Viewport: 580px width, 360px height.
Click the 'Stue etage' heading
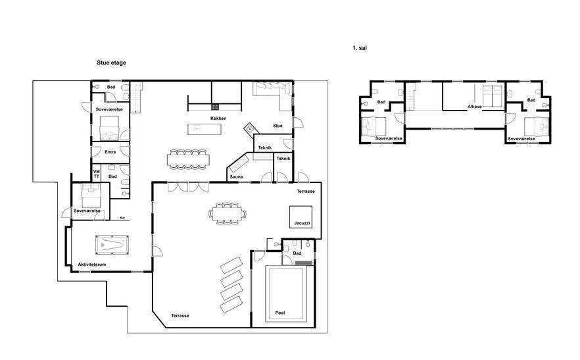pyautogui.click(x=111, y=63)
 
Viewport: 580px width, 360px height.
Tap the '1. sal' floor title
pyautogui.click(x=360, y=48)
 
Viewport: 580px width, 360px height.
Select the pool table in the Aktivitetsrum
pyautogui.click(x=112, y=245)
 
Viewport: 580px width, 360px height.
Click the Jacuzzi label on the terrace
pyautogui.click(x=302, y=223)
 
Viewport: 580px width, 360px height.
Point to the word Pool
pyautogui.click(x=280, y=313)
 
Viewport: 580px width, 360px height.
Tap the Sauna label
pyautogui.click(x=236, y=176)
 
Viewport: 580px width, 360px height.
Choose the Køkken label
pyautogui.click(x=218, y=118)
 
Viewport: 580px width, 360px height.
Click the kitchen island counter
pyautogui.click(x=205, y=129)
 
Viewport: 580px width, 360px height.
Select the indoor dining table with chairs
pyautogui.click(x=188, y=159)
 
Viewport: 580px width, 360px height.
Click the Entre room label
pyautogui.click(x=110, y=152)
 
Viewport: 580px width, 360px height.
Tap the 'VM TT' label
pyautogui.click(x=97, y=174)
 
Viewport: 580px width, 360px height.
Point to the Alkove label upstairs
pyautogui.click(x=475, y=107)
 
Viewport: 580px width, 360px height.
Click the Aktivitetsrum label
pyautogui.click(x=92, y=265)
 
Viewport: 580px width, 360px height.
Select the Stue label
pyautogui.click(x=278, y=126)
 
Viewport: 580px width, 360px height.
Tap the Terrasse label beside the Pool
pyautogui.click(x=180, y=315)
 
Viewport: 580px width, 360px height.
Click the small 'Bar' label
pyautogui.click(x=123, y=218)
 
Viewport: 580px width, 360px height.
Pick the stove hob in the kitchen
pyautogui.click(x=215, y=107)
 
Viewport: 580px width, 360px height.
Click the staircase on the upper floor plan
pyautogui.click(x=410, y=97)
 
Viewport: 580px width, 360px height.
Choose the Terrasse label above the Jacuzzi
pyautogui.click(x=306, y=191)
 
